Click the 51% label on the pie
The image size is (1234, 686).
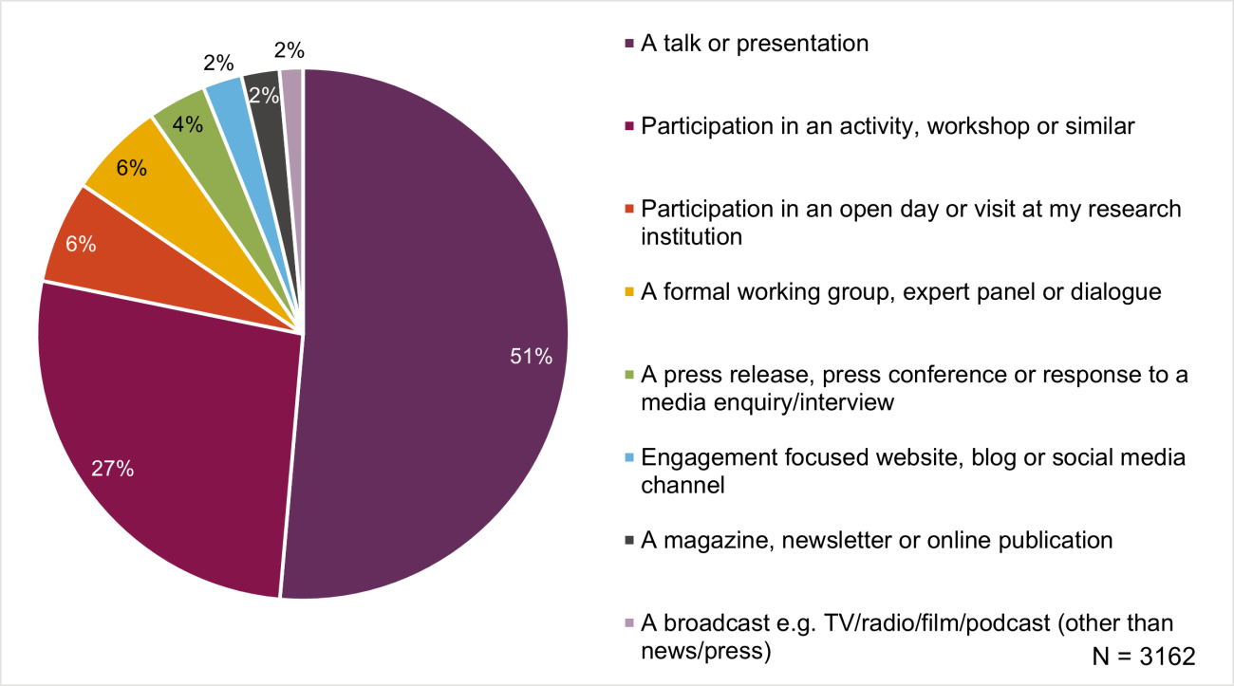pos(531,358)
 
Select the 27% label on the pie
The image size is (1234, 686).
pos(112,469)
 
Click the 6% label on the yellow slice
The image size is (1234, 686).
pos(131,168)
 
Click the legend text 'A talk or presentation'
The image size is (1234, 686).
pos(755,44)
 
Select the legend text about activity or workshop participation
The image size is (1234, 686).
pos(888,126)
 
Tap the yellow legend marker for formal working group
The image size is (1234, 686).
pos(627,292)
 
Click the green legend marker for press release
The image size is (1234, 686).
pos(627,375)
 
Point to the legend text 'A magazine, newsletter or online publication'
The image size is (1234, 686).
pos(876,540)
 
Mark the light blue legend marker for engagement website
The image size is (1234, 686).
pos(627,458)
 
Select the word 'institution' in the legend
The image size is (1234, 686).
pos(691,236)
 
